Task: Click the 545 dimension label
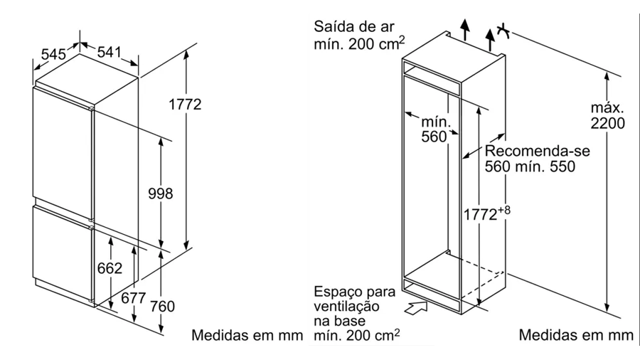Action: pyautogui.click(x=53, y=53)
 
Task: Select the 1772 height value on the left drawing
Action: pyautogui.click(x=185, y=105)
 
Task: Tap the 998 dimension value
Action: pyautogui.click(x=160, y=194)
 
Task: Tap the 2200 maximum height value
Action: pyautogui.click(x=607, y=124)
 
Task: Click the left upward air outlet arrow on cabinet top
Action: pyautogui.click(x=464, y=30)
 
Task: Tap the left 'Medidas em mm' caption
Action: pyautogui.click(x=245, y=334)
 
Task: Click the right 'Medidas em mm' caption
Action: pyautogui.click(x=575, y=334)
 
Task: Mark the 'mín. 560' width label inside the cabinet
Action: pyautogui.click(x=432, y=130)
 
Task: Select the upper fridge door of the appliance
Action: pyautogui.click(x=63, y=146)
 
